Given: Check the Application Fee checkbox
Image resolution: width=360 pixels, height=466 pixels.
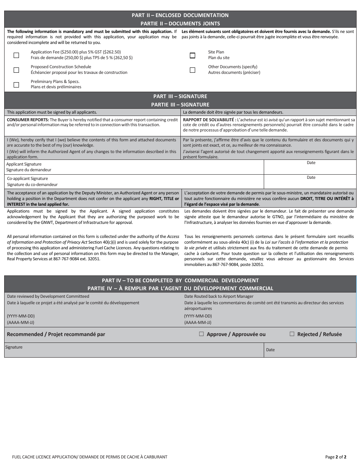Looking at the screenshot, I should tap(16, 55).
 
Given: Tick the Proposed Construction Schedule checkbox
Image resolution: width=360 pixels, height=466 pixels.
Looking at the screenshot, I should tap(16, 70).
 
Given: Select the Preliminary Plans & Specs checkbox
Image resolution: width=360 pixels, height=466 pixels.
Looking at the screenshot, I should tap(16, 84).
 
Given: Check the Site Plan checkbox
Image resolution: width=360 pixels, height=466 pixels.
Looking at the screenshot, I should tap(193, 55).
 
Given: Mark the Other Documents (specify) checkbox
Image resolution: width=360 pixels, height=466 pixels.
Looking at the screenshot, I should tap(193, 70).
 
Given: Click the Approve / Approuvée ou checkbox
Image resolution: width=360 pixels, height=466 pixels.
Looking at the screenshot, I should tap(201, 334).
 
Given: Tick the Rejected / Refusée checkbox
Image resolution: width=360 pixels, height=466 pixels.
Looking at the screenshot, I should tap(292, 334).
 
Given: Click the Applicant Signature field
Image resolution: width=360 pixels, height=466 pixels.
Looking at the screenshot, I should tap(152, 167).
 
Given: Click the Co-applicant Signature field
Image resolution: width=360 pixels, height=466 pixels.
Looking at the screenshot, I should tap(152, 181).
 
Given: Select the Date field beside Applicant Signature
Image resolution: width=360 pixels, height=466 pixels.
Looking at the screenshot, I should tap(310, 169).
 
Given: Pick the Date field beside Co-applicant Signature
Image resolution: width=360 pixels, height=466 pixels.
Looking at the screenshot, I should tap(310, 183).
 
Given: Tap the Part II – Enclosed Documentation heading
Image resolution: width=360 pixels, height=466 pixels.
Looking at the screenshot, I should tap(180, 15).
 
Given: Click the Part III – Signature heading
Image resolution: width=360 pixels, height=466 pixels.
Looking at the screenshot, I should tap(180, 96).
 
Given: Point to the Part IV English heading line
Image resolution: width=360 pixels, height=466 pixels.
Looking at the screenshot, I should tap(180, 280).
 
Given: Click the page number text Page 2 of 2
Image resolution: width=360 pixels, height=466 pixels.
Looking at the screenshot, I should tap(336, 457).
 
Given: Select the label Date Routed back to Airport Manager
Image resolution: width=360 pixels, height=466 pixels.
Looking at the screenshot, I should tap(219, 296).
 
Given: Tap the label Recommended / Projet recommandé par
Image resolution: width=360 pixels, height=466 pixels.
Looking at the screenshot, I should tap(56, 334).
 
